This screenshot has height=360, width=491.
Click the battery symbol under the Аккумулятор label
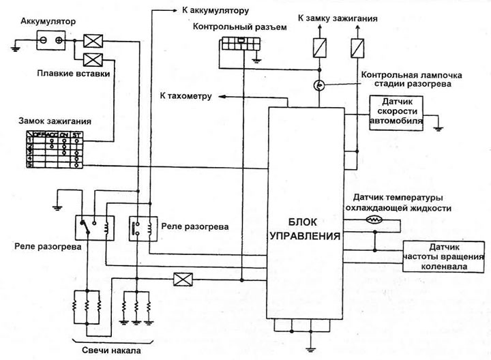[x=50, y=41]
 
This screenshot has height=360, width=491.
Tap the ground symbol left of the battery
[x=16, y=46]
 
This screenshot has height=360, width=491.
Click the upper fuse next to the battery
[x=92, y=41]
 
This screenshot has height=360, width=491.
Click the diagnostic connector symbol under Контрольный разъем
[x=240, y=43]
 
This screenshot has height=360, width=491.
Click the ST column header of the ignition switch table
[x=76, y=135]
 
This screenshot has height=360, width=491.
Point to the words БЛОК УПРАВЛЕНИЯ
[x=312, y=229]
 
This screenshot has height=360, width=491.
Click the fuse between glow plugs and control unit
[x=182, y=279]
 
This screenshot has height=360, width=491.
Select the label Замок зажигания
[x=52, y=121]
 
